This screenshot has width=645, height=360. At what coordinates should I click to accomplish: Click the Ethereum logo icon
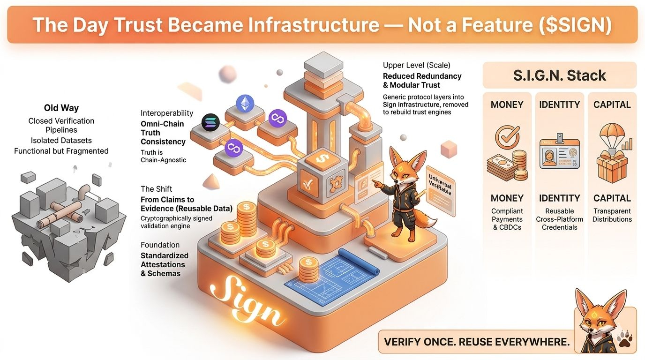coord(244,103)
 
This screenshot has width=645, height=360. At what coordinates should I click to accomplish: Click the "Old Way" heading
coord(61,108)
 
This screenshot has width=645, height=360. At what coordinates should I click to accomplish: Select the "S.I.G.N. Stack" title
coord(559,75)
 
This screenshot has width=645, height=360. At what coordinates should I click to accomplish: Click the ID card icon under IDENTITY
coord(559,152)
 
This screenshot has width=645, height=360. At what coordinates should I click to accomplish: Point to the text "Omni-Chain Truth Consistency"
coord(163,133)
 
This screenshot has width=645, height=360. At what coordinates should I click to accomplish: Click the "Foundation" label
coord(160,245)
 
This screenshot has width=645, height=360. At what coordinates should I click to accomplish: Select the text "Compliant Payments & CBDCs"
coord(507,219)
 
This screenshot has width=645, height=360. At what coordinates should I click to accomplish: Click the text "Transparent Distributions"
coord(612,215)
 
